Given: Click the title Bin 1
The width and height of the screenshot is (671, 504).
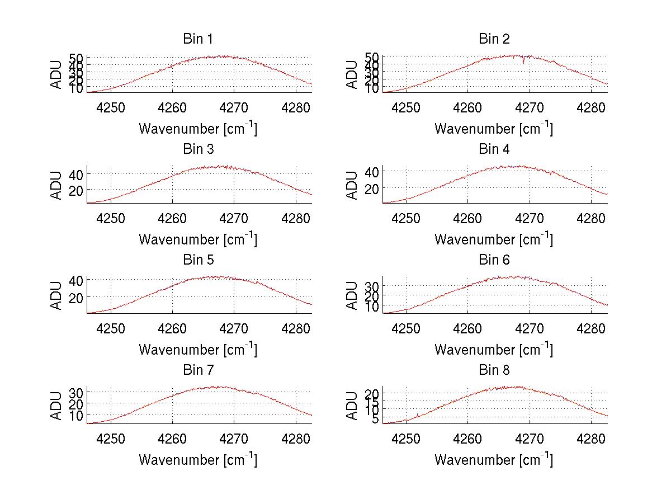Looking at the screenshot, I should click(197, 39).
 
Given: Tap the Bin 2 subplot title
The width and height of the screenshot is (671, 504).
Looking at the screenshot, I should click(494, 39).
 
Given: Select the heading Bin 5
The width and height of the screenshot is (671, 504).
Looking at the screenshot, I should click(197, 260).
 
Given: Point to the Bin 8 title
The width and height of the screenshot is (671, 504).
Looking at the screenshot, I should click(494, 370).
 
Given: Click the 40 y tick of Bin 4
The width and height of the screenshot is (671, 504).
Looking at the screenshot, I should click(371, 172).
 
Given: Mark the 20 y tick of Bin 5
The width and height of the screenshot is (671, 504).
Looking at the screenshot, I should click(75, 297).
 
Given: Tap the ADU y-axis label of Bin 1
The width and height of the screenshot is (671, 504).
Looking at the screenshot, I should click(56, 74).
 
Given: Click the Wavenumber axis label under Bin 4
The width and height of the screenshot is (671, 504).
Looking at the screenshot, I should click(494, 239).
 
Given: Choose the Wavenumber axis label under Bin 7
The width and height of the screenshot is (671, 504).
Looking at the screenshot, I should click(197, 460).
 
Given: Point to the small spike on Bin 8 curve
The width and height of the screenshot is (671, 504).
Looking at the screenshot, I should click(418, 414).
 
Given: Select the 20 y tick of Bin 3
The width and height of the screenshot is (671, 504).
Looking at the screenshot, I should click(75, 190).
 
